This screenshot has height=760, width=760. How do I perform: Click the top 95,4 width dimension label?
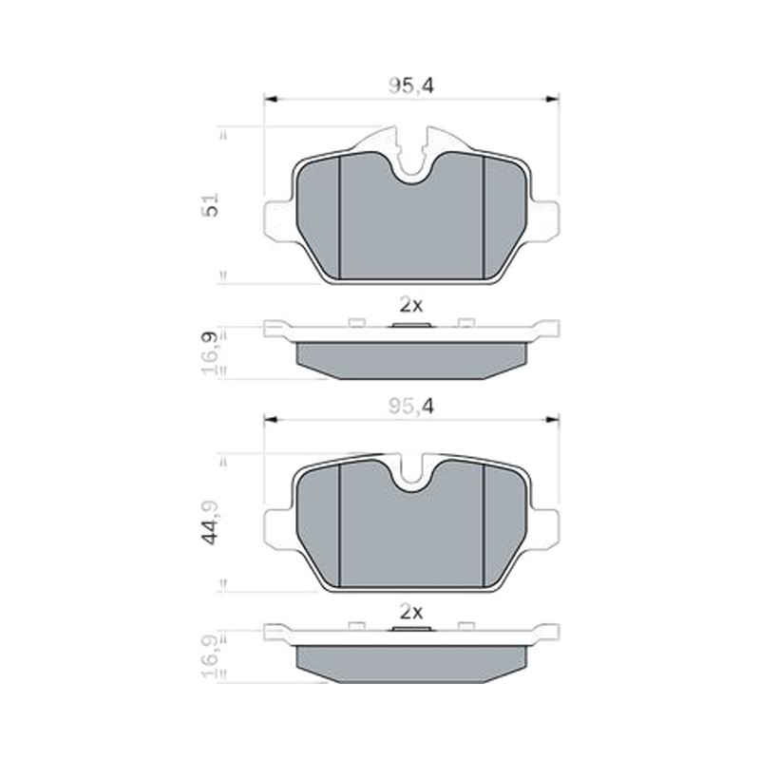point(411,85)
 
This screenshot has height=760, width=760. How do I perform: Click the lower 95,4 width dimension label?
point(411,407)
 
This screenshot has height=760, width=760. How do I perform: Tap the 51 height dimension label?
point(210,204)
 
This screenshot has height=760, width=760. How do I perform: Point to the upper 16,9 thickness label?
point(210,351)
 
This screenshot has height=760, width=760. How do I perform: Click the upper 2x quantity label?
point(411,305)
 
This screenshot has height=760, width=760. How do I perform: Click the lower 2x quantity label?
point(411,612)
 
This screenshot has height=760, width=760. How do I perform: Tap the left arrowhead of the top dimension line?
point(270,99)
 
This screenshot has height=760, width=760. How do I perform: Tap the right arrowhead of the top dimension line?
point(553,99)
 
